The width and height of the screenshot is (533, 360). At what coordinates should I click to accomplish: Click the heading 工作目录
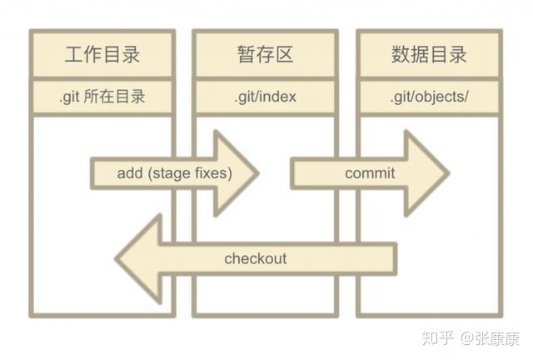[x=102, y=55]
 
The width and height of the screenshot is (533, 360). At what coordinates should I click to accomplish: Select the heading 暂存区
[x=266, y=55]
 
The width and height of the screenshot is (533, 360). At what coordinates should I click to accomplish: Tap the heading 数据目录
[x=429, y=55]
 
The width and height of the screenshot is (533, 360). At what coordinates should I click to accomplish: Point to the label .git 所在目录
[x=102, y=97]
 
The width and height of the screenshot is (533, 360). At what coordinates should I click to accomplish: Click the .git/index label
[x=265, y=97]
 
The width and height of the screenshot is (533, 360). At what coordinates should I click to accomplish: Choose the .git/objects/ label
[x=429, y=97]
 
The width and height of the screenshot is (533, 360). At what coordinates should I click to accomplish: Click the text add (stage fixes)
[x=174, y=173]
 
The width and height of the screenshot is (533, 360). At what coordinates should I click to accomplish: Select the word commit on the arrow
[x=370, y=173]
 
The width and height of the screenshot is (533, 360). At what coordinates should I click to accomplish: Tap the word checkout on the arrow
[x=255, y=258]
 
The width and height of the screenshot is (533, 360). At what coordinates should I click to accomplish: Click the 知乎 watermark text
[x=437, y=337]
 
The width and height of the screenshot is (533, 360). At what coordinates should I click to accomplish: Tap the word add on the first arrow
[x=130, y=173]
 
